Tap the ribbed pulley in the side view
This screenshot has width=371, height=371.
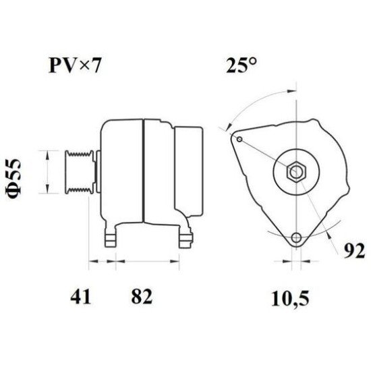point(78,172)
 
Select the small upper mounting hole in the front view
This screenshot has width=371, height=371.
point(239,138)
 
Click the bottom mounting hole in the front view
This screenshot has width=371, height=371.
point(295,238)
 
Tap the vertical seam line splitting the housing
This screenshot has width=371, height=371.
point(142,172)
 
